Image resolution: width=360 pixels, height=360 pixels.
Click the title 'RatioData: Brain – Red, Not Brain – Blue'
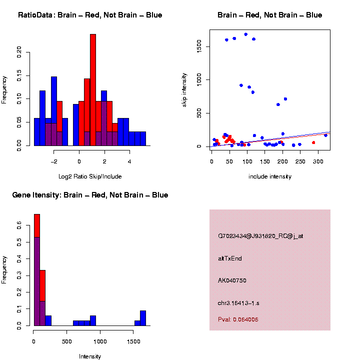[90, 15]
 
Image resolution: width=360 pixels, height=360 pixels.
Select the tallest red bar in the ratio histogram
[92, 90]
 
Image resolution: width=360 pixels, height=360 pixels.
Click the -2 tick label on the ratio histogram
[54, 161]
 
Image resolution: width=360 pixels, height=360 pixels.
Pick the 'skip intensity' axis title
[184, 89]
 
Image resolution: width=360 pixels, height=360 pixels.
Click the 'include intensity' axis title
[270, 176]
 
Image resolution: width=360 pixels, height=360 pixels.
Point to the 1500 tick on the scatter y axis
[199, 46]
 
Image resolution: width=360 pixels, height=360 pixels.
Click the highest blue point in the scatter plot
[245, 34]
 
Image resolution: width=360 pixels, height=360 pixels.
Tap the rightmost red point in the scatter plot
[313, 142]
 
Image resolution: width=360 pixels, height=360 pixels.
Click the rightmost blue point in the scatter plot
[325, 135]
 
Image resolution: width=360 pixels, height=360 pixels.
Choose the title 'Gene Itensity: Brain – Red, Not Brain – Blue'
[90, 195]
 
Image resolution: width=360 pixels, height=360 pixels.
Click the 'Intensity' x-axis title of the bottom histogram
[90, 356]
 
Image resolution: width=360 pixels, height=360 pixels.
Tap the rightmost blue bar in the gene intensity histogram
[143, 318]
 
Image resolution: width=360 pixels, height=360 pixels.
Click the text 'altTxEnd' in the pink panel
[230, 258]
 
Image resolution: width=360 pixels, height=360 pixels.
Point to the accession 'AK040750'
[232, 280]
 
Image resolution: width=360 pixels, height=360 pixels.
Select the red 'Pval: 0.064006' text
[238, 319]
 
